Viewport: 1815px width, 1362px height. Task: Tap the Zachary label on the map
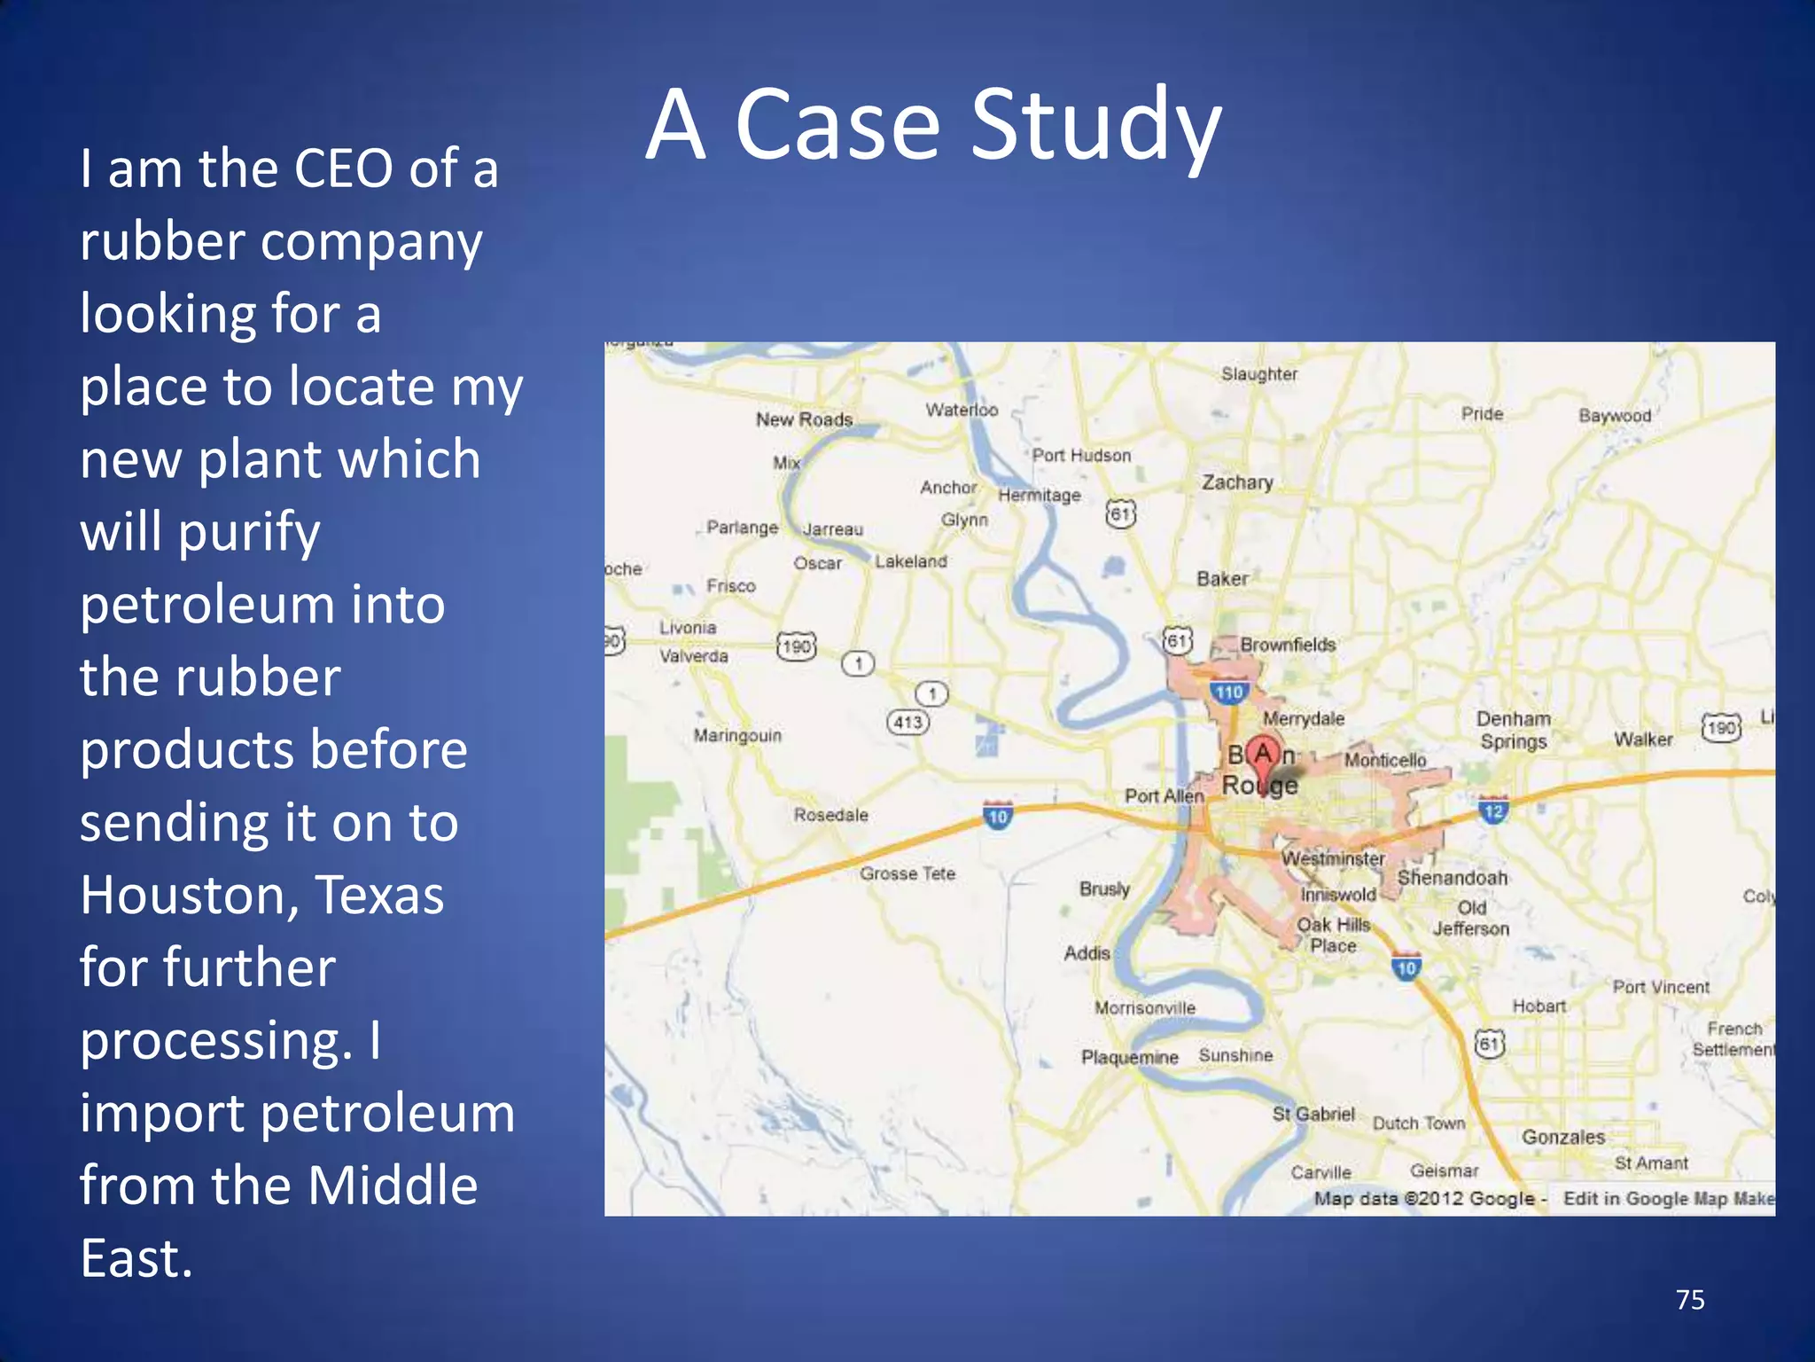pos(1237,482)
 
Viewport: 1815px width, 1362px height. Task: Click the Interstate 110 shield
pos(1229,692)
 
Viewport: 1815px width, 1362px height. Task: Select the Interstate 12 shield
pos(1493,810)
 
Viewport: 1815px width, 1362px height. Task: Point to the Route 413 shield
pos(907,722)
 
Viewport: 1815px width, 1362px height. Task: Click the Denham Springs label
pos(1514,730)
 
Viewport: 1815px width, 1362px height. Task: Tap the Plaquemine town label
pos(1129,1057)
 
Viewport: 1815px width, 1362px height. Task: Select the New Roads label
pos(804,419)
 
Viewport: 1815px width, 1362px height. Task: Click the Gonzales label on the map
pos(1563,1137)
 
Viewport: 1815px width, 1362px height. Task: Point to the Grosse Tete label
pos(907,873)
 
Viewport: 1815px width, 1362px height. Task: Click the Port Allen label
pos(1164,795)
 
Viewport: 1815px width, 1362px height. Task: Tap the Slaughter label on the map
pos(1258,374)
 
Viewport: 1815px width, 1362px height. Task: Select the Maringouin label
pos(737,735)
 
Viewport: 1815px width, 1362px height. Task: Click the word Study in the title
pos(1096,126)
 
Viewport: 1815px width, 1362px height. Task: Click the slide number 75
pos(1690,1300)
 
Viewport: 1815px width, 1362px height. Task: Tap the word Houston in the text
pos(186,895)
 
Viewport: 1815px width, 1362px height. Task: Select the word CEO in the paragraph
pos(343,168)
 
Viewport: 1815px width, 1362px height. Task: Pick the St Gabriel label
pos(1313,1114)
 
